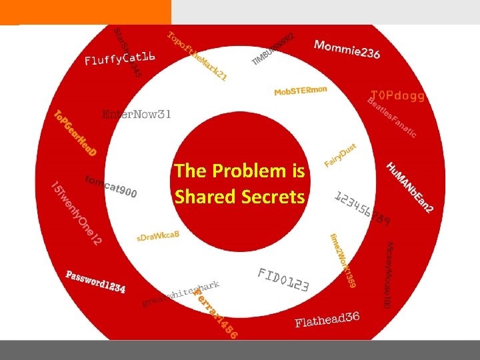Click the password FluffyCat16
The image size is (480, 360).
tap(120, 59)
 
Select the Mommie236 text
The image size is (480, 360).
tap(347, 48)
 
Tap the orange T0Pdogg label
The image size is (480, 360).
tap(397, 96)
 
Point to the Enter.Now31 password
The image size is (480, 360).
tap(137, 115)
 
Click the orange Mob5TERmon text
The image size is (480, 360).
tap(301, 91)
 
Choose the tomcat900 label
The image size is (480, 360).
tap(111, 187)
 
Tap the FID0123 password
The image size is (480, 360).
tap(283, 280)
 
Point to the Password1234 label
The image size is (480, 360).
tap(95, 281)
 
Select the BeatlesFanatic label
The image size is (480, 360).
tap(392, 117)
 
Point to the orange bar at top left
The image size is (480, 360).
tap(85, 12)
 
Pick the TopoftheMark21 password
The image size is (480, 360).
tap(197, 57)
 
